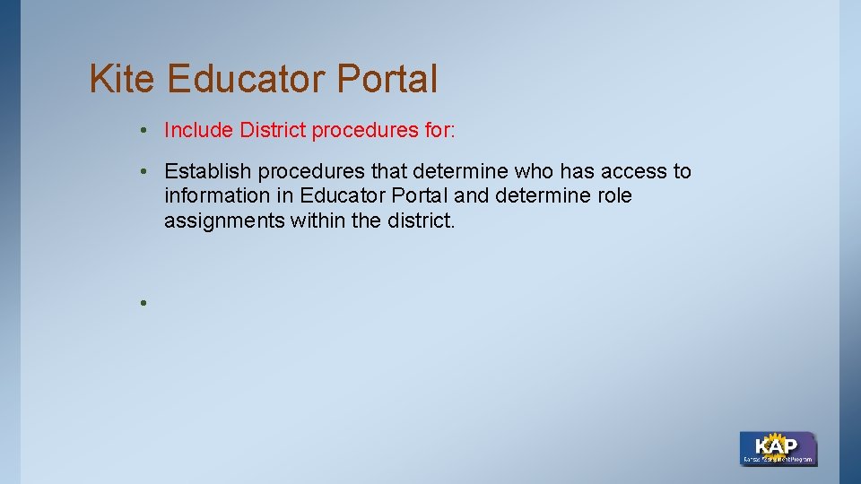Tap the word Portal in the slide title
pyautogui.click(x=387, y=79)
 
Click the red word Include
pyautogui.click(x=199, y=131)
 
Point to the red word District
pyautogui.click(x=273, y=131)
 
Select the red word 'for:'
pyautogui.click(x=439, y=131)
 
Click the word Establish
pyautogui.click(x=209, y=171)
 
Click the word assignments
pyautogui.click(x=224, y=220)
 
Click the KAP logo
pyautogui.click(x=777, y=448)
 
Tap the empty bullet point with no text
pyautogui.click(x=143, y=302)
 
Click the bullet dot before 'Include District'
pyautogui.click(x=143, y=132)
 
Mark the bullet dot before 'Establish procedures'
pyautogui.click(x=143, y=172)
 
